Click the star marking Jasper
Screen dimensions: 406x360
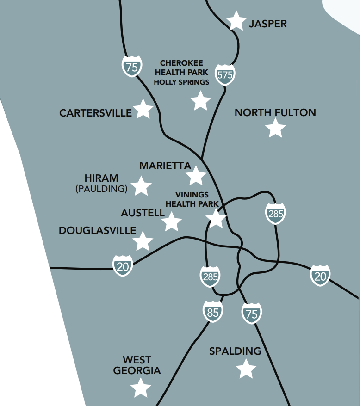tap(236, 21)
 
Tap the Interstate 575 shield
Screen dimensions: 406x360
tap(225, 74)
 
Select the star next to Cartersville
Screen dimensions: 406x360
tap(143, 109)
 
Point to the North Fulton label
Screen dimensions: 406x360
tap(275, 112)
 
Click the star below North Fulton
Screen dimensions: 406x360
tap(276, 128)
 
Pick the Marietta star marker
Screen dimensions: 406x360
tap(196, 176)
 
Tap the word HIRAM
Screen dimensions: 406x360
tap(101, 178)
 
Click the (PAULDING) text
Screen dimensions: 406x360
tap(101, 189)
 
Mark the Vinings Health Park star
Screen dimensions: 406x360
tap(216, 218)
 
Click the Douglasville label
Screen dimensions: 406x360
tap(97, 230)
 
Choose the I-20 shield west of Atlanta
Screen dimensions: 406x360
tap(123, 266)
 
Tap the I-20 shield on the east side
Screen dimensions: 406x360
tap(320, 276)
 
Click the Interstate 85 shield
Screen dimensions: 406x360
tap(212, 312)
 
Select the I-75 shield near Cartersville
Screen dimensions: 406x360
tap(132, 67)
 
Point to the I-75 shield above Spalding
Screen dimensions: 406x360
tap(252, 314)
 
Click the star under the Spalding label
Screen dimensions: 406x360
tap(246, 369)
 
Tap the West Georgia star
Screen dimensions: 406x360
tap(141, 388)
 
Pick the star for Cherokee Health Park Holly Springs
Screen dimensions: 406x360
tap(200, 100)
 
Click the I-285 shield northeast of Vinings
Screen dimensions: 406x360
tap(275, 214)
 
